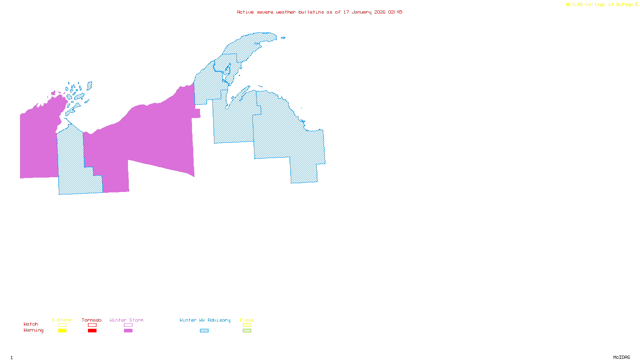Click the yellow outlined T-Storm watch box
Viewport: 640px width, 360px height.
pyautogui.click(x=62, y=325)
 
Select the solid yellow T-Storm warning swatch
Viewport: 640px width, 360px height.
pyautogui.click(x=62, y=331)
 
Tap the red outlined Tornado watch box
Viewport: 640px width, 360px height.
pyautogui.click(x=92, y=325)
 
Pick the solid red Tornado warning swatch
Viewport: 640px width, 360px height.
pyautogui.click(x=92, y=331)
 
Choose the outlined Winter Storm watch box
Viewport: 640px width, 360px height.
pyautogui.click(x=128, y=325)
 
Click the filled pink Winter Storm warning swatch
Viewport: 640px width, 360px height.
pyautogui.click(x=128, y=331)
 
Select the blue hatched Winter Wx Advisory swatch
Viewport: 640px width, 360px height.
pyautogui.click(x=204, y=331)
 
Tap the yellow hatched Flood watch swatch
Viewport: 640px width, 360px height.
pyautogui.click(x=247, y=325)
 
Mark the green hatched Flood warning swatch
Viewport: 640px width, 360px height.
pyautogui.click(x=247, y=331)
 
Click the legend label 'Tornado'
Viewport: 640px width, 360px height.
pyautogui.click(x=92, y=320)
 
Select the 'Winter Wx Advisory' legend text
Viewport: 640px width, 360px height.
pyautogui.click(x=205, y=320)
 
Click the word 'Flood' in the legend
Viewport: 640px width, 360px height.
pyautogui.click(x=247, y=320)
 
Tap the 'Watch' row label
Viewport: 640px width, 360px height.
pyautogui.click(x=31, y=324)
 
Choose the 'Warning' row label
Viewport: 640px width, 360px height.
pyautogui.click(x=33, y=330)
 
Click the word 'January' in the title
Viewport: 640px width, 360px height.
pyautogui.click(x=362, y=12)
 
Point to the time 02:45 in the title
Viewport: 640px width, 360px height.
pyautogui.click(x=395, y=12)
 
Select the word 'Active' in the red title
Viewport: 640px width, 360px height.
pyautogui.click(x=245, y=12)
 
